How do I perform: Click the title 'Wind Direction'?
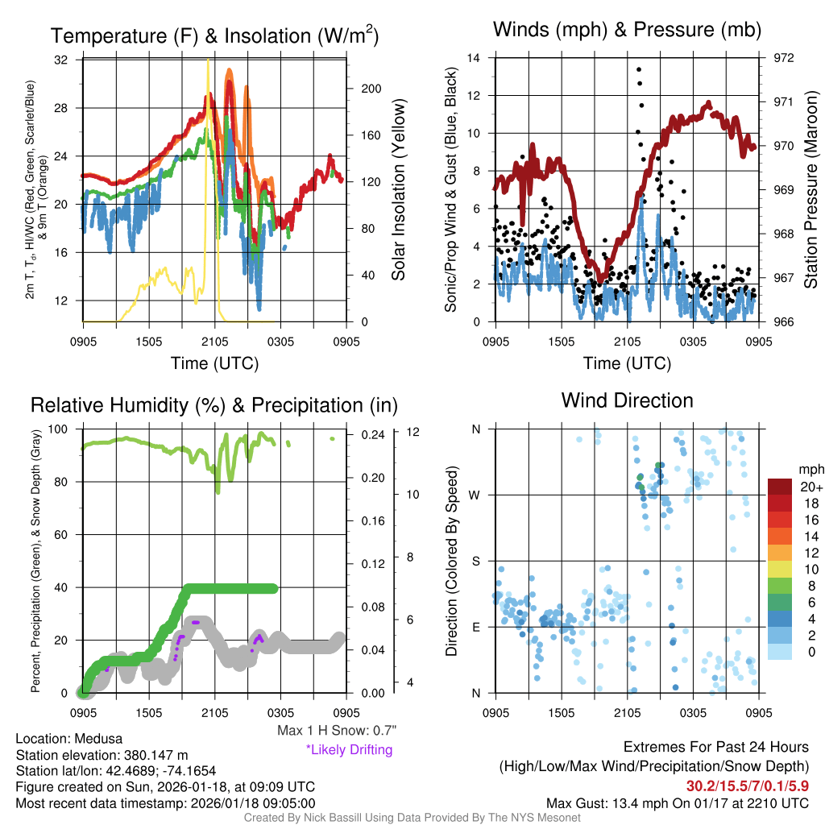tap(627, 400)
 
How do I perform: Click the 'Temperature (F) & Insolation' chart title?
tap(214, 36)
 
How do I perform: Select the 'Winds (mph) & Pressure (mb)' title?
tap(627, 31)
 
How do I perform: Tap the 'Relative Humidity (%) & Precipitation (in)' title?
tap(214, 404)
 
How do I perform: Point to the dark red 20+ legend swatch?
tap(781, 487)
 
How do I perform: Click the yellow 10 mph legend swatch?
tap(781, 569)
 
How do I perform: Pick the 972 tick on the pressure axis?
tap(783, 59)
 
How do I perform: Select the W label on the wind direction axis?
tap(475, 495)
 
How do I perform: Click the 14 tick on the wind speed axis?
tap(474, 58)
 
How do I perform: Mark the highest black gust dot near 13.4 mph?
tap(639, 70)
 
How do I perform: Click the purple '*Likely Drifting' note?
tap(349, 750)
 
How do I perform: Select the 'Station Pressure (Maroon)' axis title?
tap(810, 190)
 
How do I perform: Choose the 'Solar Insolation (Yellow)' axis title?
tap(398, 190)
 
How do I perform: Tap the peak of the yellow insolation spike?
tap(209, 60)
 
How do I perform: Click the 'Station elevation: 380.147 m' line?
tap(102, 755)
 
